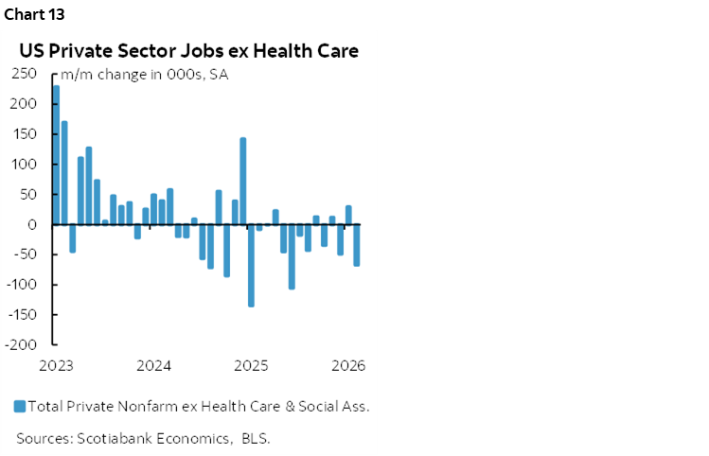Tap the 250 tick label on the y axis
pyautogui.click(x=34, y=74)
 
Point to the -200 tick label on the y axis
pyautogui.click(x=32, y=345)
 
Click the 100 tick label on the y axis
pyautogui.click(x=34, y=165)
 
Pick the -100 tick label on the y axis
pyautogui.click(x=32, y=285)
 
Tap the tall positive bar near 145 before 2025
pyautogui.click(x=242, y=181)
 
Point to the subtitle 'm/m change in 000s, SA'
pyautogui.click(x=145, y=76)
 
